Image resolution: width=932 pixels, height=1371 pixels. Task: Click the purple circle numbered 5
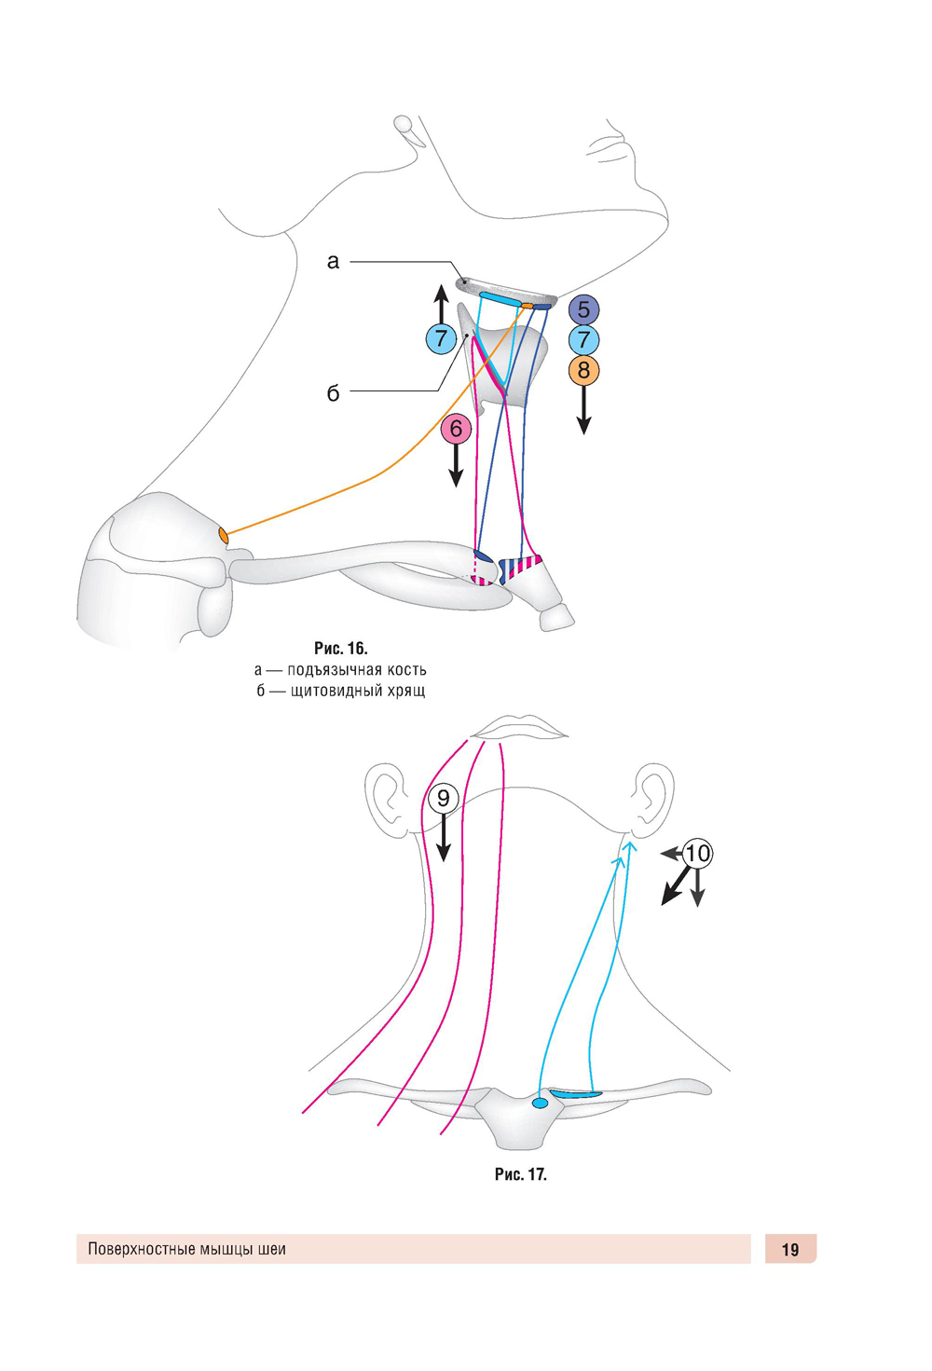pyautogui.click(x=583, y=309)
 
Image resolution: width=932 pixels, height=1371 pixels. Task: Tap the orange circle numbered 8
pyautogui.click(x=583, y=371)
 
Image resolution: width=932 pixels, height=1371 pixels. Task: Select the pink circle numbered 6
pyautogui.click(x=456, y=429)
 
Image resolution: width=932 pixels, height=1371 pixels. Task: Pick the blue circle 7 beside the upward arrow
pyautogui.click(x=441, y=338)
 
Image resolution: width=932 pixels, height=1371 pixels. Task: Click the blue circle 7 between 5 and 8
pyautogui.click(x=583, y=340)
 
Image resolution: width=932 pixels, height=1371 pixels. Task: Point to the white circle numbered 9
pyautogui.click(x=444, y=798)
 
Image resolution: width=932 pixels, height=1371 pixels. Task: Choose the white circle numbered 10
pyautogui.click(x=697, y=853)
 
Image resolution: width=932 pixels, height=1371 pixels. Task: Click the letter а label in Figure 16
pyautogui.click(x=333, y=262)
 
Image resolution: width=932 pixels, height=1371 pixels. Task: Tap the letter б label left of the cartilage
pyautogui.click(x=333, y=393)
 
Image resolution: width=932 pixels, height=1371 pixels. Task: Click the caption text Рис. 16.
pyautogui.click(x=340, y=649)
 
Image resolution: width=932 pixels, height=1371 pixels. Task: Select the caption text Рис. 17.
pyautogui.click(x=520, y=1174)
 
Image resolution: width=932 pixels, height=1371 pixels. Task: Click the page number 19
pyautogui.click(x=790, y=1250)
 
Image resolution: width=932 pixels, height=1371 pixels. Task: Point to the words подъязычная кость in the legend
pyautogui.click(x=356, y=670)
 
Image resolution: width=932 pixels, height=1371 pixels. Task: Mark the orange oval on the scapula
pyautogui.click(x=224, y=535)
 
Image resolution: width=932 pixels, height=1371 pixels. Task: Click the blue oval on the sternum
pyautogui.click(x=540, y=1104)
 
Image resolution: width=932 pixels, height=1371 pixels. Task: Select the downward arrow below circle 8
pyautogui.click(x=583, y=410)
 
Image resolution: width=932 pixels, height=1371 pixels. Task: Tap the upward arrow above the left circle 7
pyautogui.click(x=441, y=304)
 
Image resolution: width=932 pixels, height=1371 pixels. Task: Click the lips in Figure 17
pyautogui.click(x=520, y=727)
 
